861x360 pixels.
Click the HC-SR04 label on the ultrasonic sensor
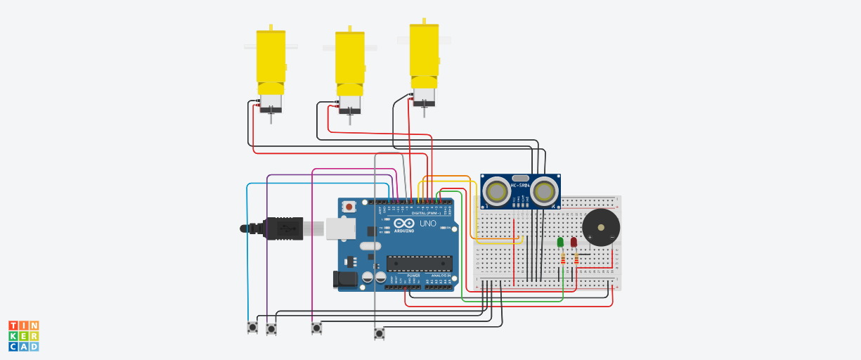[520, 185]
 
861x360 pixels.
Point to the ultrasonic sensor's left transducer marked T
[497, 191]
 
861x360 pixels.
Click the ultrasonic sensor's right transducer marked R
[544, 191]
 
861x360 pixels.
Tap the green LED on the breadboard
[560, 243]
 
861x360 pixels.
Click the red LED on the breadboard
[574, 243]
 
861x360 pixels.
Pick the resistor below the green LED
[562, 260]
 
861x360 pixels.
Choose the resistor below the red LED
[576, 260]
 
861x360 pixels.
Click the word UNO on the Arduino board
[428, 224]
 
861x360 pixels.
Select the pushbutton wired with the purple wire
[271, 328]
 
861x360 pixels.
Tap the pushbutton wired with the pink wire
[316, 328]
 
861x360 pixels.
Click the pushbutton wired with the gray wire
[380, 333]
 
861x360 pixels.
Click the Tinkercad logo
[23, 336]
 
